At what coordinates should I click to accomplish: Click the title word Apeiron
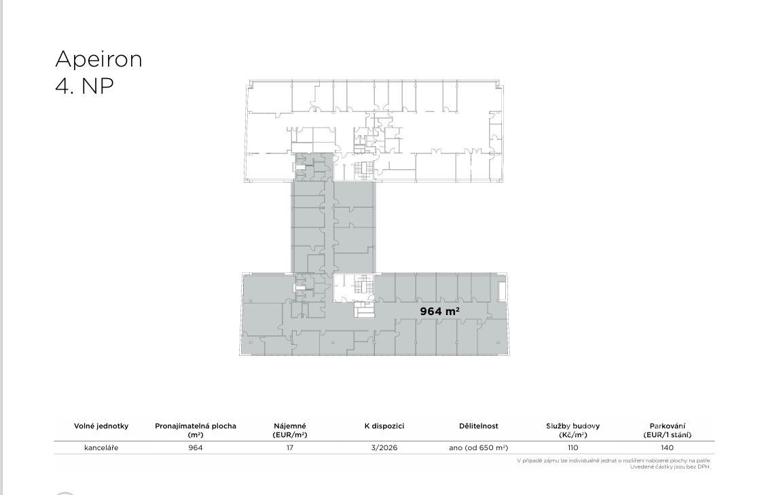(x=98, y=59)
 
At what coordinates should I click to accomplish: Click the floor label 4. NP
(x=85, y=86)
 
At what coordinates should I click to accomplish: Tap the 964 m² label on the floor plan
(x=440, y=311)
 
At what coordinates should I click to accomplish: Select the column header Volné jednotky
(x=101, y=426)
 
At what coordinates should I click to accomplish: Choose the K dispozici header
(x=384, y=426)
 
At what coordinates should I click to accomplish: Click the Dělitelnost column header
(x=479, y=426)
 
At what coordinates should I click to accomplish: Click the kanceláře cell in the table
(x=101, y=448)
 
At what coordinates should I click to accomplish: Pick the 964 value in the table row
(x=196, y=448)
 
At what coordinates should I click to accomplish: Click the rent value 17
(x=289, y=448)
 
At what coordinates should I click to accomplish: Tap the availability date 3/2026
(x=384, y=448)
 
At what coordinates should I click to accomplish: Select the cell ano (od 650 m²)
(x=479, y=448)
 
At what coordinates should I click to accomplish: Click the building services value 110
(x=573, y=448)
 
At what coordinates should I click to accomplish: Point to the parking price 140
(x=667, y=448)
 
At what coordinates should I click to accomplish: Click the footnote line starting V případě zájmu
(x=614, y=460)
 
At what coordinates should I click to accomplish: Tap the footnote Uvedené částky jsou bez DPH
(x=670, y=467)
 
